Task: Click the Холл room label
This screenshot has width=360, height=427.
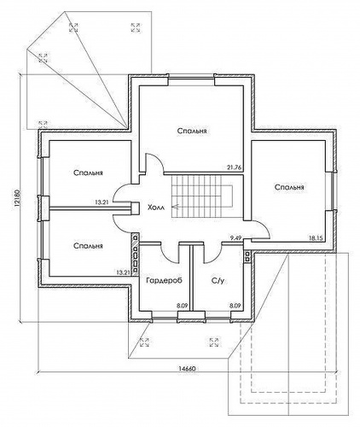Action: click(155, 207)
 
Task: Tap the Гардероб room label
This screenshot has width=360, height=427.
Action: click(164, 280)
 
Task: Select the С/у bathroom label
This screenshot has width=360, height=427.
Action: click(218, 281)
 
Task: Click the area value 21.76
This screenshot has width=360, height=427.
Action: click(234, 167)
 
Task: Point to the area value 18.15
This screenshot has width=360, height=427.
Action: click(316, 238)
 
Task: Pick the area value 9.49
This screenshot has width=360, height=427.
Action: click(235, 238)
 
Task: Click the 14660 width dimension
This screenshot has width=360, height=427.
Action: click(187, 368)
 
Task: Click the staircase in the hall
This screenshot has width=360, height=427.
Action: click(202, 196)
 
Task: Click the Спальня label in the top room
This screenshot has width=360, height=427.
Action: click(192, 131)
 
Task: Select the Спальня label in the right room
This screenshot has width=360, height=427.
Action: click(289, 187)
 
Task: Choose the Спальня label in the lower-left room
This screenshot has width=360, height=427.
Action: click(88, 245)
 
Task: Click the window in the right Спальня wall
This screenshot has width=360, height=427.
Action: click(334, 190)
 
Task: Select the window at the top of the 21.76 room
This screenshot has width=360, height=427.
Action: click(191, 78)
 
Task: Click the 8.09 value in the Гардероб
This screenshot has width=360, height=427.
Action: click(182, 306)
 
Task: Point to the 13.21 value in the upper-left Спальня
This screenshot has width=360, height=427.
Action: click(102, 202)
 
